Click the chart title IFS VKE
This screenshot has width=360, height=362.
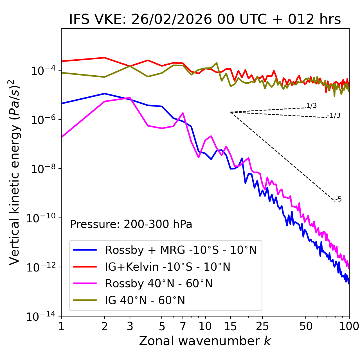[x=205, y=19]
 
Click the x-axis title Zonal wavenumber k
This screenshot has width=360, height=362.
[x=205, y=341]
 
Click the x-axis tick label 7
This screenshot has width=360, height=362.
[x=183, y=326]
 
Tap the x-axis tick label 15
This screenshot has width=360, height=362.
[x=230, y=326]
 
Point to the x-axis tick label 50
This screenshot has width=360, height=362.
[x=306, y=326]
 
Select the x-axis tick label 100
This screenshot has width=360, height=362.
[x=349, y=326]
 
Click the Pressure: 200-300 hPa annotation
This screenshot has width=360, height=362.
[x=131, y=224]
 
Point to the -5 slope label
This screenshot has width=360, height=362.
[x=338, y=200]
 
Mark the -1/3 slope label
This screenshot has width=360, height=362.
[x=334, y=116]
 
